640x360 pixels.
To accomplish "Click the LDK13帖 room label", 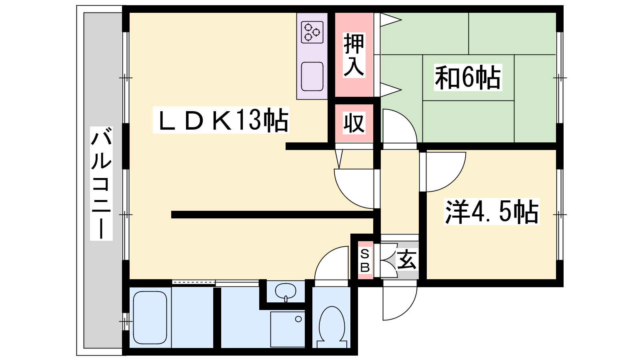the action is click(x=221, y=120).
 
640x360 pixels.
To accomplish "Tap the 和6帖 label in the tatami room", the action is click(x=468, y=78).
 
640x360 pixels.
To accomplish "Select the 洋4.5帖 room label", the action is click(x=492, y=212).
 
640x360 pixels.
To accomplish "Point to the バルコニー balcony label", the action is click(x=101, y=184).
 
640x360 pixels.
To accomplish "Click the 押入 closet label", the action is click(x=354, y=55).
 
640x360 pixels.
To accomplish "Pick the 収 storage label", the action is click(x=354, y=123).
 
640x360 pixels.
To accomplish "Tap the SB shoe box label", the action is click(x=365, y=260).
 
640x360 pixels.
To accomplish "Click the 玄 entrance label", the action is click(x=407, y=260).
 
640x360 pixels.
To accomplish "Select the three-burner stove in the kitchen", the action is click(x=312, y=32).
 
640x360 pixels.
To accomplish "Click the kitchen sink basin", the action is click(x=312, y=76).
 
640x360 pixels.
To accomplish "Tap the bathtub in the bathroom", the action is click(x=150, y=318).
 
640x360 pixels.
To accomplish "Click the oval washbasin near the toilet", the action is click(x=286, y=292).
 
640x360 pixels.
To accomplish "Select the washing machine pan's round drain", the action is click(x=298, y=319).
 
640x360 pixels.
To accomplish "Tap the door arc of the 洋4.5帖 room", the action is click(x=454, y=180).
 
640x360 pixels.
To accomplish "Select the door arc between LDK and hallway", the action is click(x=346, y=197).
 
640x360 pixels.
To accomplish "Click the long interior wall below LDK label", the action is click(x=273, y=214).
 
